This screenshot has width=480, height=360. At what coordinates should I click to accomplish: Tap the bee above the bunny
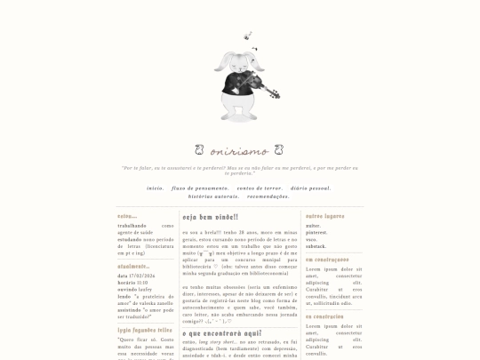[x=247, y=36]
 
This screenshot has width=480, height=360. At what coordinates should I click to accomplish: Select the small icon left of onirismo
[x=199, y=150]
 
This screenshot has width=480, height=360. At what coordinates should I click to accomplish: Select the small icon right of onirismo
[x=279, y=150]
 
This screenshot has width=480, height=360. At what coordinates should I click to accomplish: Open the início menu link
[x=156, y=188]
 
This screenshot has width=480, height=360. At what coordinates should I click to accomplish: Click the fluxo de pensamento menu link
[x=200, y=188]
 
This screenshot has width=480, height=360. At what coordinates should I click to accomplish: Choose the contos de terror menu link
[x=260, y=188]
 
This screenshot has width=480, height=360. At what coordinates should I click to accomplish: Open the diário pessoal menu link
[x=310, y=188]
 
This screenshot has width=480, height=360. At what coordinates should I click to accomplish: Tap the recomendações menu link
[x=268, y=196]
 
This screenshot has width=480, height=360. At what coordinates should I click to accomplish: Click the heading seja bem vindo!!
[x=210, y=217]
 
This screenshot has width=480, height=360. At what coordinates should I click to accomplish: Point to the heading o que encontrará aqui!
[x=221, y=332]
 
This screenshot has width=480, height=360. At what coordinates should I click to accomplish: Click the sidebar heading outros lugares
[x=325, y=216]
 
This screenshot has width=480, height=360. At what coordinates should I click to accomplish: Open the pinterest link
[x=317, y=233]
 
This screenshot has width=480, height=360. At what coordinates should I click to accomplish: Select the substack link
[x=316, y=245]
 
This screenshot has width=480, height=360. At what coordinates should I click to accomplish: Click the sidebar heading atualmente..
[x=133, y=266]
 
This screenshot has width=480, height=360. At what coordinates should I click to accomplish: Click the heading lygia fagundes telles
[x=145, y=330]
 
